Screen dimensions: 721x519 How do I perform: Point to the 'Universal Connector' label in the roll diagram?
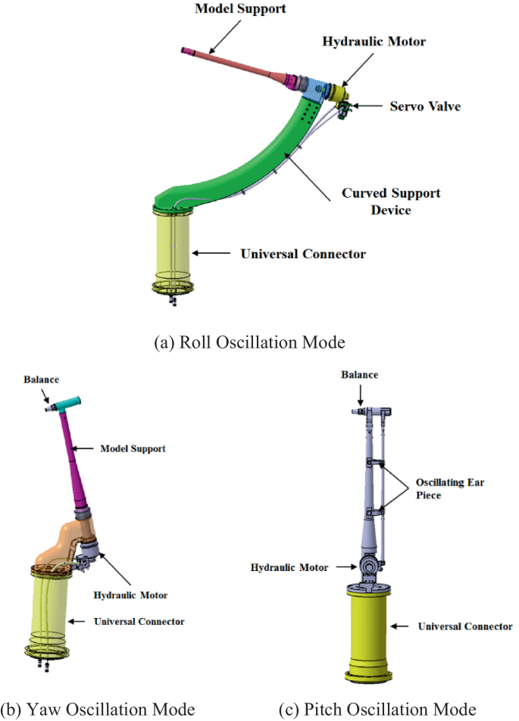[303, 253]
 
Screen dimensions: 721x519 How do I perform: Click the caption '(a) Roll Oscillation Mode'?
[248, 342]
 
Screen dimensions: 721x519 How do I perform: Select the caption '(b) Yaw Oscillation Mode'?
[98, 710]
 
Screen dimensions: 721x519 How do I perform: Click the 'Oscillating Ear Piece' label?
[457, 488]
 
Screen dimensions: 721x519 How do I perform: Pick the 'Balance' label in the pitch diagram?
[360, 375]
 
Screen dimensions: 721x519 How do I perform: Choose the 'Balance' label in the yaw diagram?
[40, 379]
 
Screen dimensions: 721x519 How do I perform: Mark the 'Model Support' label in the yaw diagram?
[133, 449]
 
